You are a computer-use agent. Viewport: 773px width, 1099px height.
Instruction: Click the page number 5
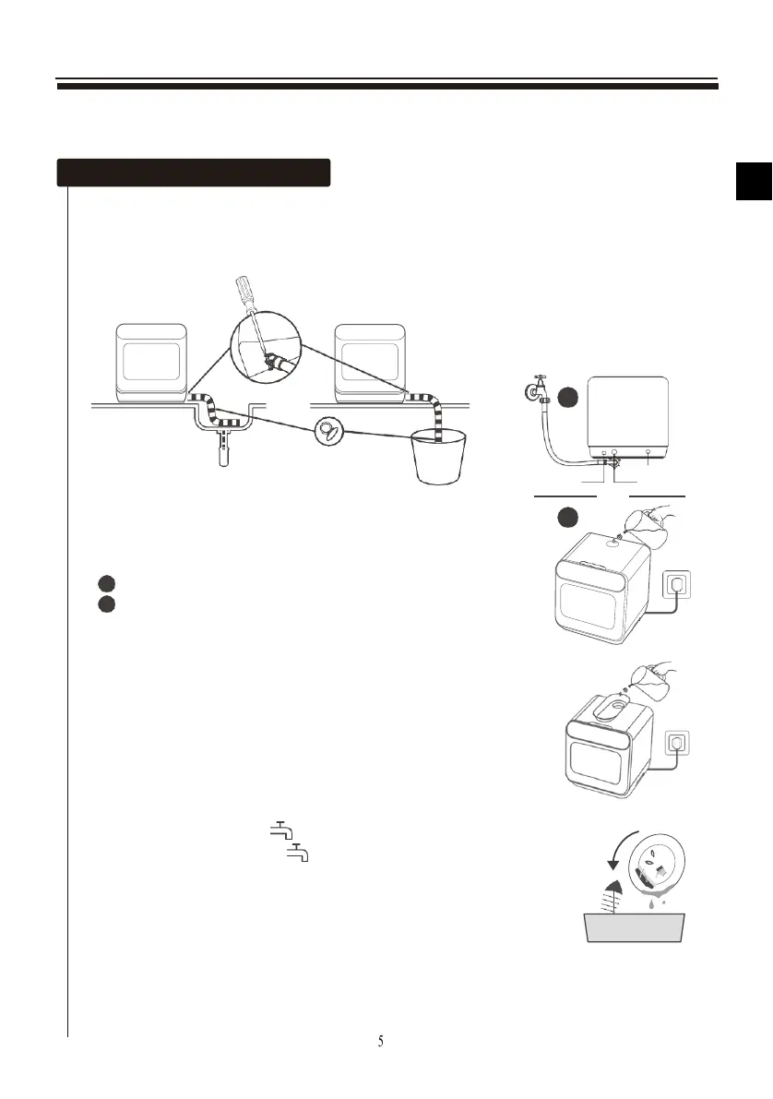coord(381,1041)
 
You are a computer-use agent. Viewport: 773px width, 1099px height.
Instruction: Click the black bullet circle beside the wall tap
coord(568,397)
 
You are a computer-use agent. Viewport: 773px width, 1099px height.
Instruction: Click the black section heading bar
coord(194,173)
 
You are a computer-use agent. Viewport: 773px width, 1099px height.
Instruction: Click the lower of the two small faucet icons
coord(297,854)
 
